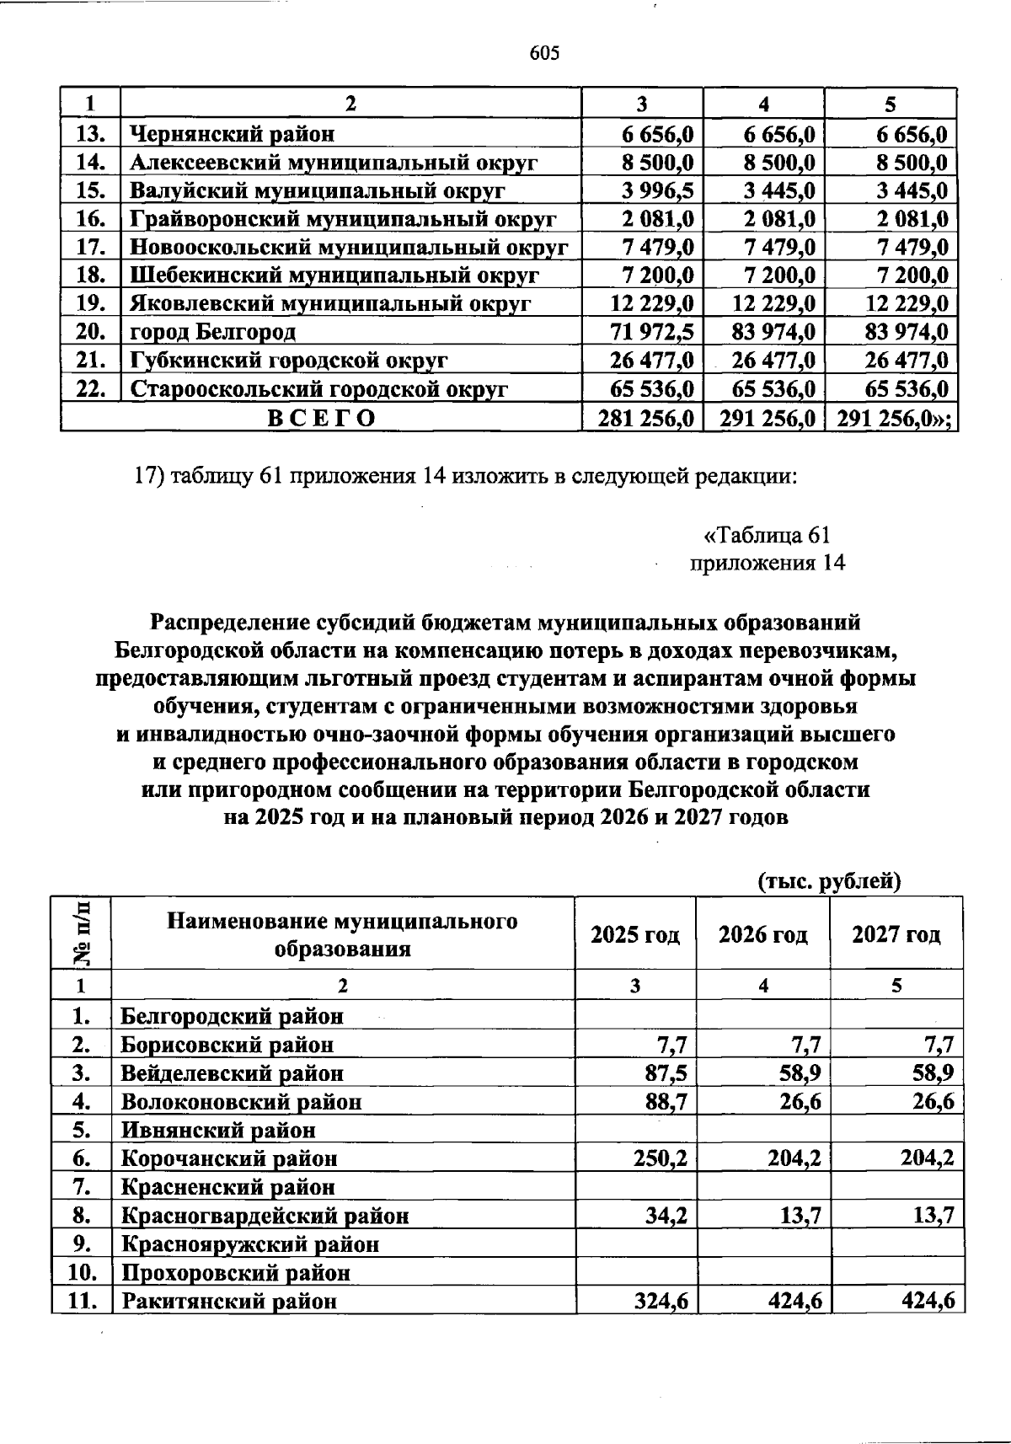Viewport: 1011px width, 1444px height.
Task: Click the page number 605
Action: coord(544,54)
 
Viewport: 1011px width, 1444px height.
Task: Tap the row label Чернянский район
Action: coord(232,134)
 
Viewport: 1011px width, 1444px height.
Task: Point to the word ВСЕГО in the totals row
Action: coord(321,419)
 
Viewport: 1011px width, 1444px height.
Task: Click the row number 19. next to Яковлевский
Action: coord(90,303)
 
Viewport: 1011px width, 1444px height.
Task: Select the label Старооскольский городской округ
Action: coord(319,389)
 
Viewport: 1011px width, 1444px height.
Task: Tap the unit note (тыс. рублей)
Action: coord(829,881)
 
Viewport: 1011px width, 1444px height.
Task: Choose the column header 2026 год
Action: coord(762,934)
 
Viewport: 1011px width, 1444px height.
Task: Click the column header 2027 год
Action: coord(896,934)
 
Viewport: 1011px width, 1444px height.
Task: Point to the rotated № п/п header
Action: coord(81,933)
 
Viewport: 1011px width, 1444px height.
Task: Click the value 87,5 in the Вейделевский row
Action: coord(666,1073)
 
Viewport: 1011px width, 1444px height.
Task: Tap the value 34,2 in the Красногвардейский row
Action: coord(666,1216)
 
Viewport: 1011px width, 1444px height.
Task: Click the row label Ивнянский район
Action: coord(218,1130)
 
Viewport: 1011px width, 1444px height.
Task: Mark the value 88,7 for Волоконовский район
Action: coord(666,1101)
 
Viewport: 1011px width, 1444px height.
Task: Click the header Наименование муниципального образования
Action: coord(342,934)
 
